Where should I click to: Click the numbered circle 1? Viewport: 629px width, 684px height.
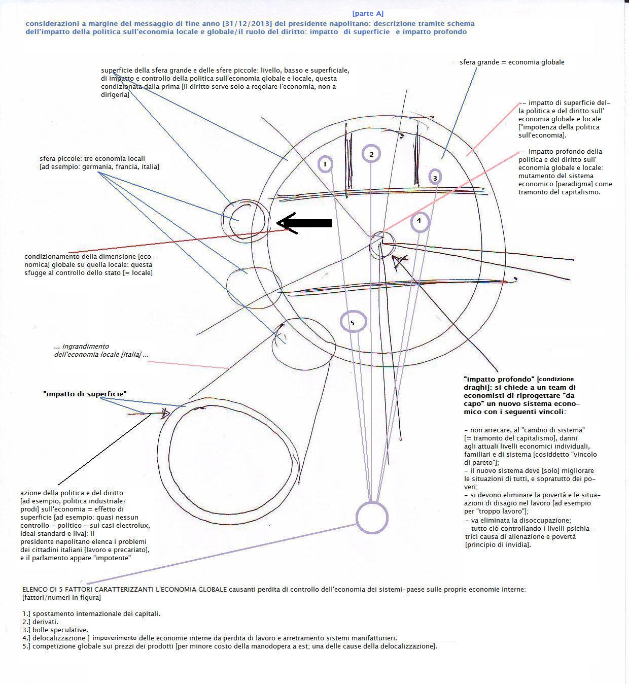(x=325, y=164)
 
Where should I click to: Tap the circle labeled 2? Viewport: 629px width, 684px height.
(x=371, y=154)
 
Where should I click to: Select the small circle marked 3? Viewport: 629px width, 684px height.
(x=435, y=178)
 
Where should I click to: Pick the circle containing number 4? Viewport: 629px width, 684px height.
(x=419, y=221)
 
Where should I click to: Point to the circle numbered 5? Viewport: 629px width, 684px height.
(x=353, y=322)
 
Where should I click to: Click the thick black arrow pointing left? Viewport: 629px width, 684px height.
(x=304, y=223)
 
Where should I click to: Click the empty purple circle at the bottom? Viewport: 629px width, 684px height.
(x=372, y=518)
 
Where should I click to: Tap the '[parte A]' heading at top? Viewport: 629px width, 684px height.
(x=368, y=14)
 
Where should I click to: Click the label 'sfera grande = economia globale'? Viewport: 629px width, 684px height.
(x=512, y=62)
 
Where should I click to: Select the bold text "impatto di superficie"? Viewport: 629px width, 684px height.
(x=85, y=394)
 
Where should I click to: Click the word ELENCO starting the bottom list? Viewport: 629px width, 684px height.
(x=35, y=589)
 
